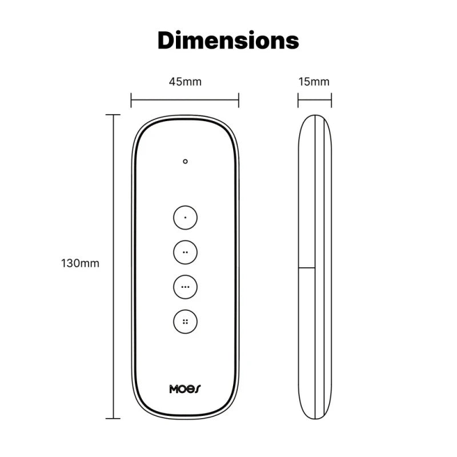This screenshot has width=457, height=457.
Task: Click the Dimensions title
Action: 228,41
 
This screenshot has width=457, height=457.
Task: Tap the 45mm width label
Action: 185,82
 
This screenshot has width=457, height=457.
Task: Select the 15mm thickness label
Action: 314,82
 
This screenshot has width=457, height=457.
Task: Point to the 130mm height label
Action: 80,263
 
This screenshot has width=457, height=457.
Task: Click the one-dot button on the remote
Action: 185,218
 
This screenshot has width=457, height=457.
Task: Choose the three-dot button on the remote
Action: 185,287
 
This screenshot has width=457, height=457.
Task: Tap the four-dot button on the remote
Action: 185,322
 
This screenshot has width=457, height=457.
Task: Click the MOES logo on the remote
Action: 185,389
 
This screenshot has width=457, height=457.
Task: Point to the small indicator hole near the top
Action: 185,162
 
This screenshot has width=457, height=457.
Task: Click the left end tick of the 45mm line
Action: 131,101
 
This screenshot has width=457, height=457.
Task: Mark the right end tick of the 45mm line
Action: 239,101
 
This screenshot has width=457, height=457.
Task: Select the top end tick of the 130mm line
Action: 113,115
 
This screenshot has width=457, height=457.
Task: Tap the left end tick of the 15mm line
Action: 298,101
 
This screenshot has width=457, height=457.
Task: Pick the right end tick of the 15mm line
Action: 331,101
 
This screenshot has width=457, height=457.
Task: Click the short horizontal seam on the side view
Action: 308,267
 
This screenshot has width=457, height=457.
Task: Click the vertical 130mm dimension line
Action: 113,228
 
